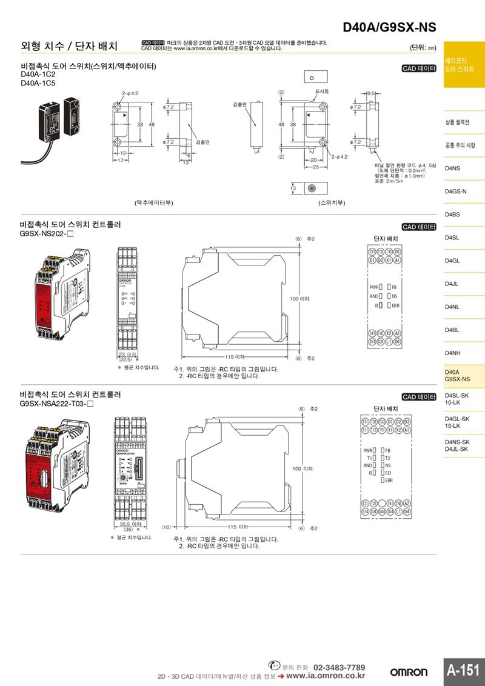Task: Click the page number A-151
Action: point(464,670)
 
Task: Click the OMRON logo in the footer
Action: point(409,672)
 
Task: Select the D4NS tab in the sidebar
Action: point(452,168)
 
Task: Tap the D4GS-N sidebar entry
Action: point(455,191)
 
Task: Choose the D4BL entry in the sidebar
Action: point(452,330)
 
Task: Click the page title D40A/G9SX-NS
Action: point(389,28)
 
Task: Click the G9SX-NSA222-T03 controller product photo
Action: point(61,467)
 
